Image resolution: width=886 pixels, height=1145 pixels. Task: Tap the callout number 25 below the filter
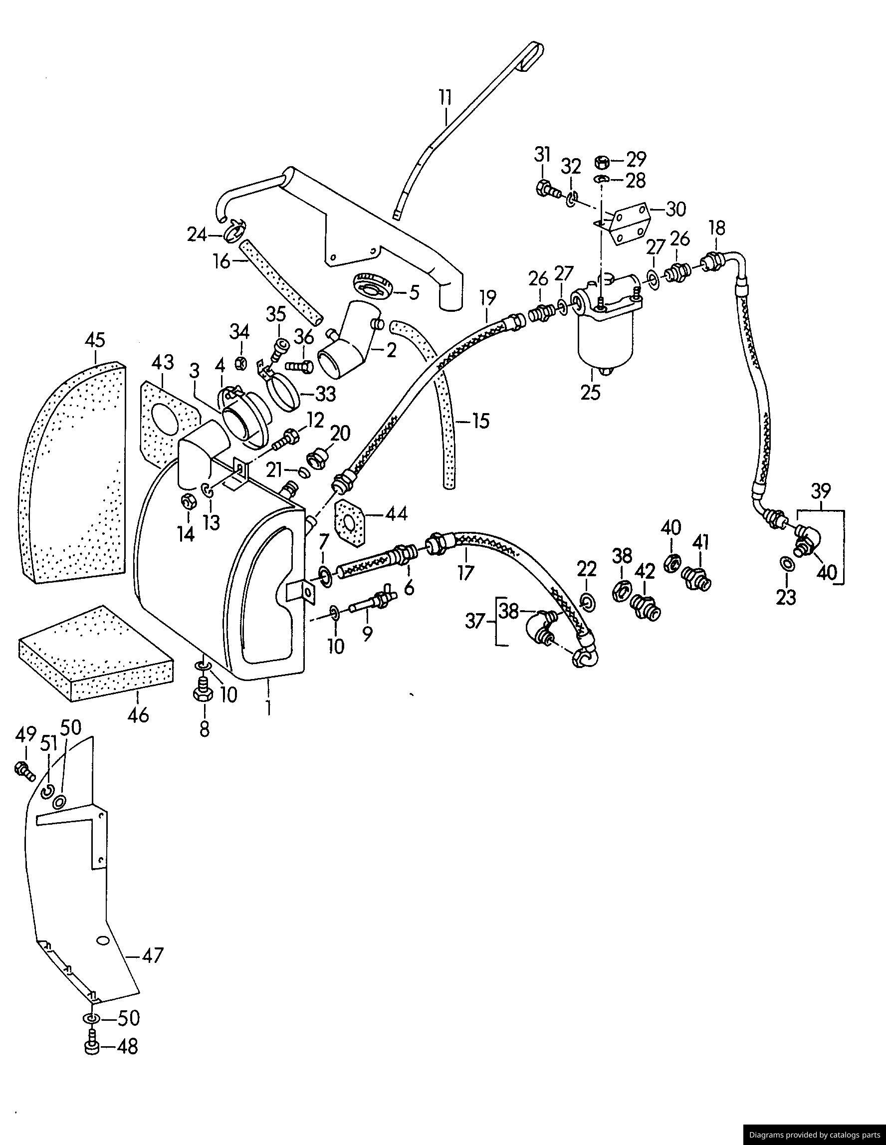coord(590,392)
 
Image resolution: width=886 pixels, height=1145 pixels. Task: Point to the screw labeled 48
coord(92,1048)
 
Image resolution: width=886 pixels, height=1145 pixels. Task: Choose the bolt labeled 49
coord(24,770)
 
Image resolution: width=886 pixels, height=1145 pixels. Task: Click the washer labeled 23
coord(786,564)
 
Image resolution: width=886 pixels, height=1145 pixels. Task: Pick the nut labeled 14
coord(187,502)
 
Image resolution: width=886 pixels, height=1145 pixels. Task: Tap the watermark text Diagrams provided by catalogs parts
coord(814,1135)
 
